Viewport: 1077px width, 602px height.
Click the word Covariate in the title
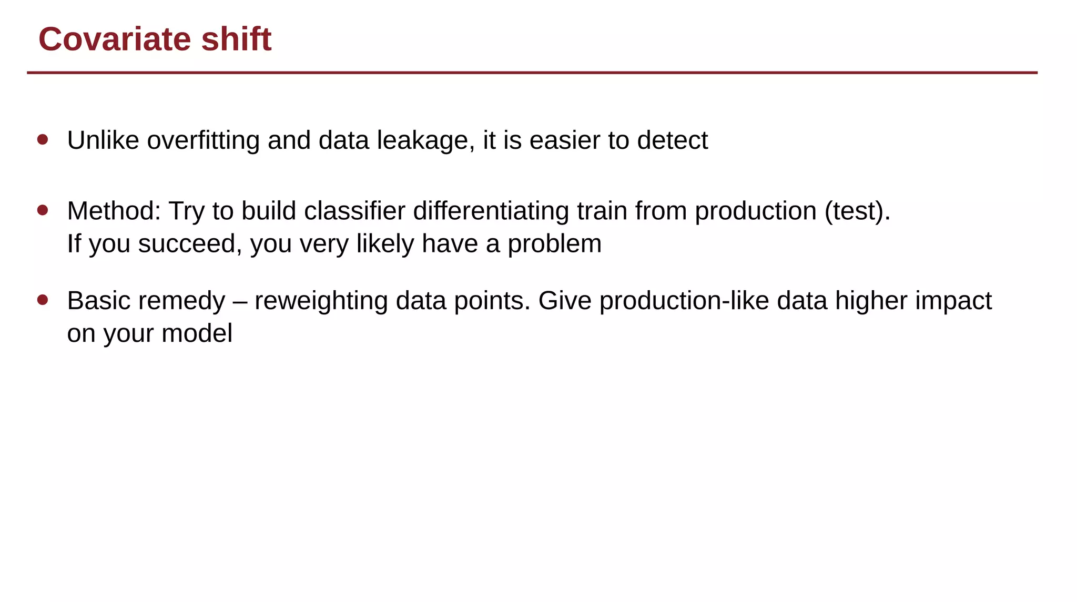click(x=115, y=39)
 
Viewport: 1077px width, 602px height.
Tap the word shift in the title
click(x=236, y=39)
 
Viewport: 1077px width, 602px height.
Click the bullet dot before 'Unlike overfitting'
click(x=43, y=139)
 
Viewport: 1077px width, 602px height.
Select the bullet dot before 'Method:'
click(x=43, y=210)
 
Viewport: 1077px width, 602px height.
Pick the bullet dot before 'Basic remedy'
click(x=43, y=300)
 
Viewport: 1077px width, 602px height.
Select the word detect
click(x=672, y=140)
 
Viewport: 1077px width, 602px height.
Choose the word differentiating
click(x=491, y=211)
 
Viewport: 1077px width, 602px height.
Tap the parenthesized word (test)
click(x=857, y=211)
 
